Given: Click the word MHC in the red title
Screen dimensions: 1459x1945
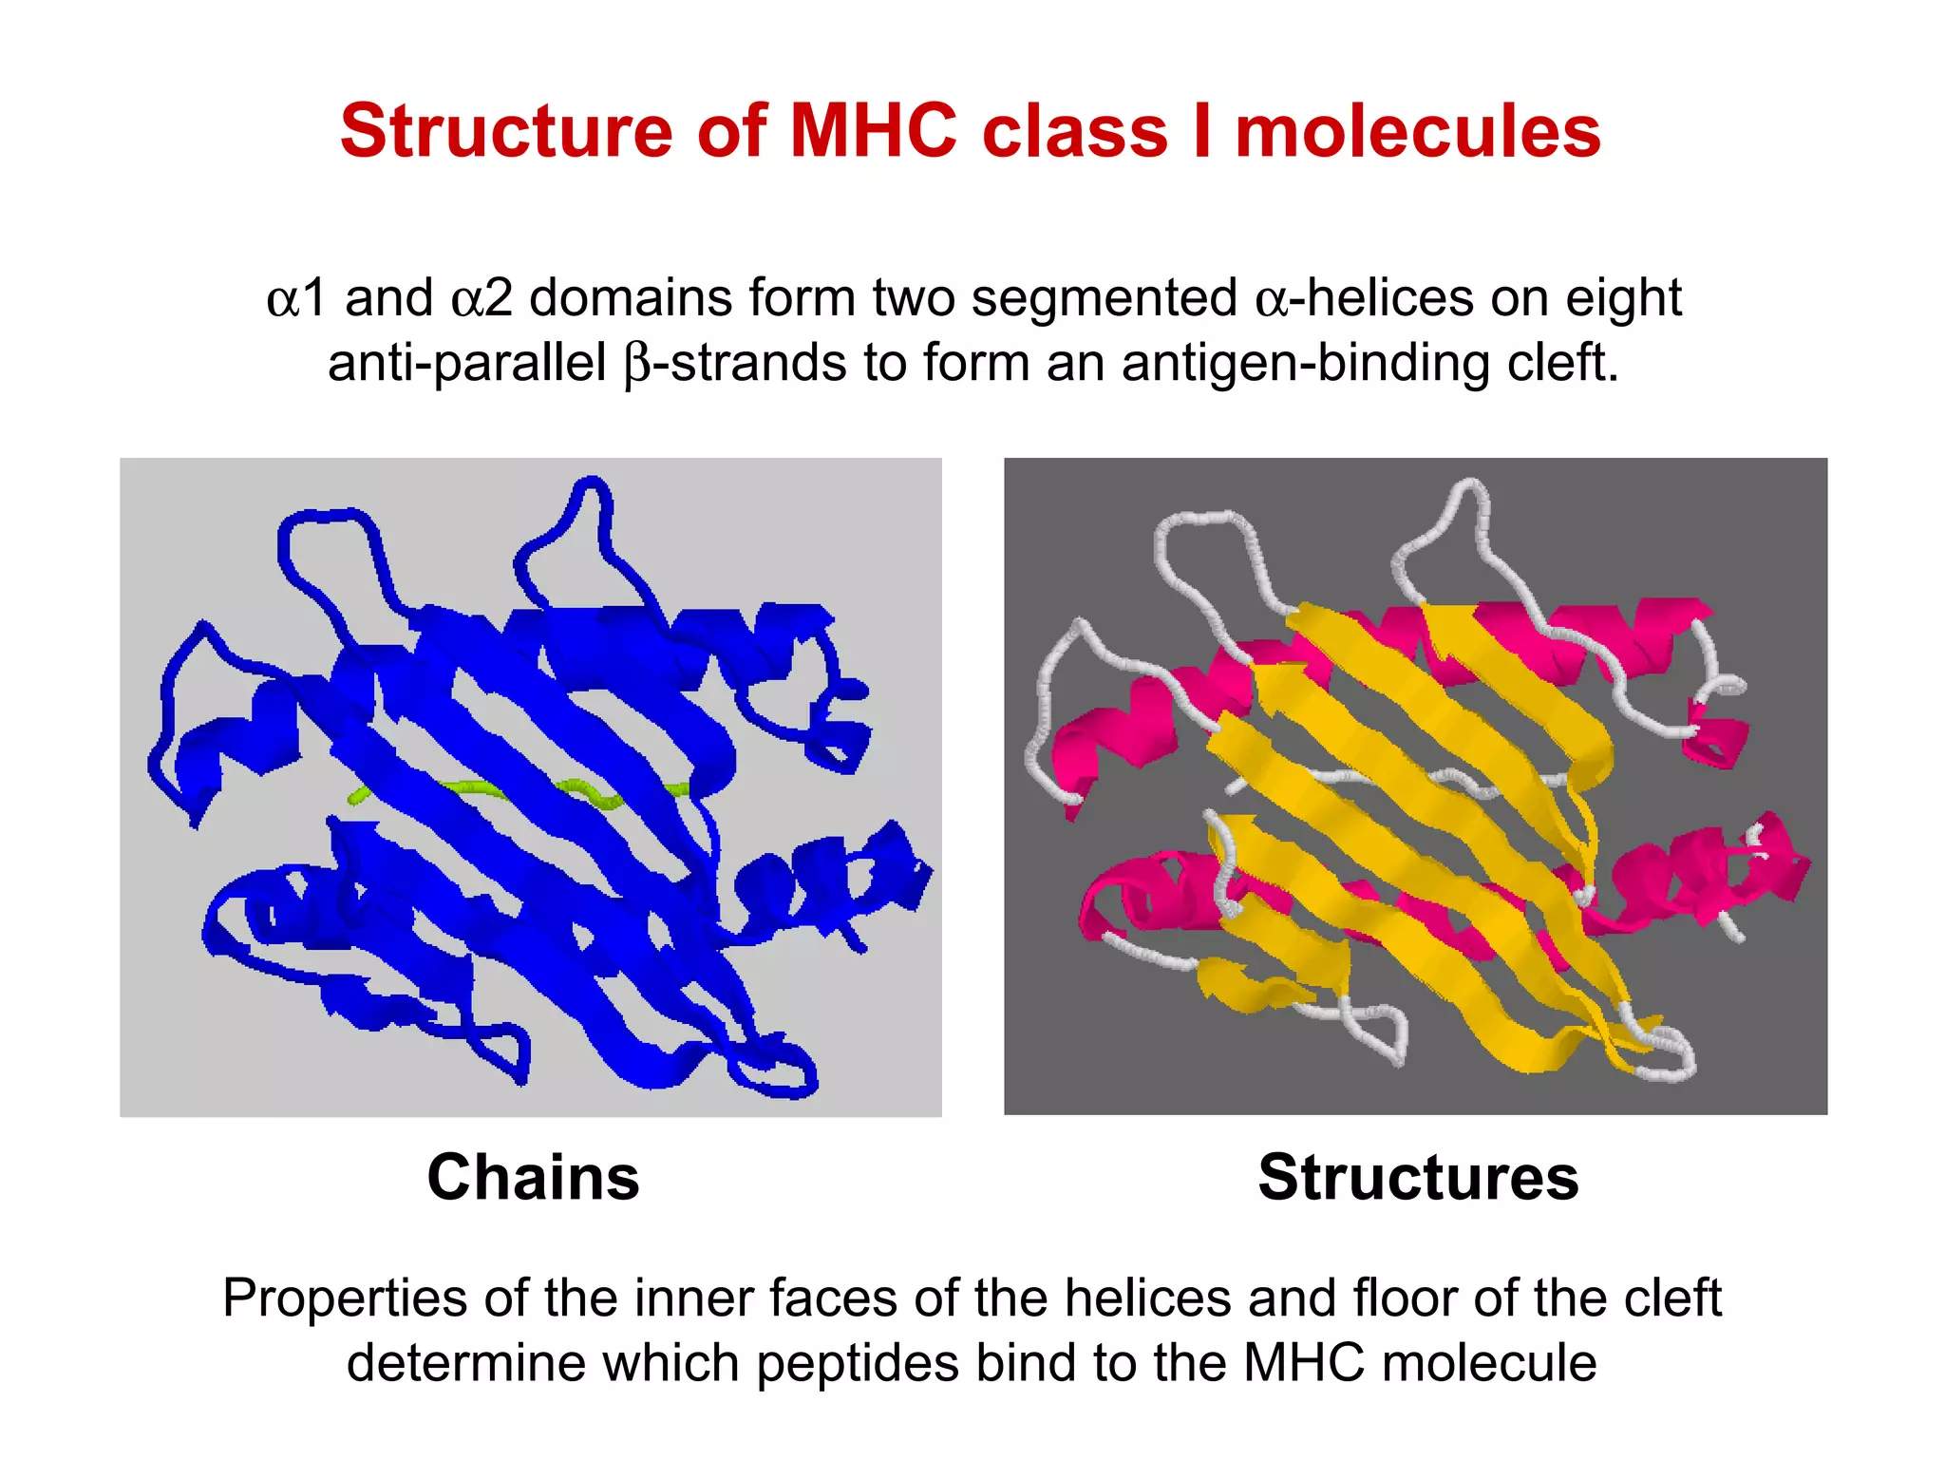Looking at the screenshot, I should click(873, 131).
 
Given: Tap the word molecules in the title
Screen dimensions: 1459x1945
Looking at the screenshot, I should click(1417, 131).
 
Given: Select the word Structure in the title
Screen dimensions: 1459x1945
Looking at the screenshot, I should click(506, 131).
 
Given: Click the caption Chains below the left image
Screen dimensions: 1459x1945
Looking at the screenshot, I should click(533, 1177).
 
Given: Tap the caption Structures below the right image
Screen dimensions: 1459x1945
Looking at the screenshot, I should click(1418, 1177).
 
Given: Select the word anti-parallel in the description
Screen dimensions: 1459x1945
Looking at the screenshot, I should click(466, 363).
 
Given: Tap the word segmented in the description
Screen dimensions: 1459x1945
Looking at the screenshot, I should click(1104, 298).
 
